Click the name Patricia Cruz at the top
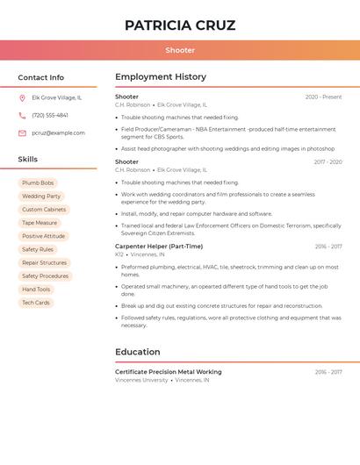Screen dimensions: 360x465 point(180,25)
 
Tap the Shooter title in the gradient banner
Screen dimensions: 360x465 point(180,50)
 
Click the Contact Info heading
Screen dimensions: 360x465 point(40,77)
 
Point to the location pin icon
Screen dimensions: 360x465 point(22,98)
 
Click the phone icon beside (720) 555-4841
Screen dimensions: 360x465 point(22,116)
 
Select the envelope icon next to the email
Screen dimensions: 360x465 point(22,133)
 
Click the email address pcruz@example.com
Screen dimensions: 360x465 point(58,133)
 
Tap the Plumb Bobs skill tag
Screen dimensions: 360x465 point(38,183)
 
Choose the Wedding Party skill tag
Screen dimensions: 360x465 point(41,197)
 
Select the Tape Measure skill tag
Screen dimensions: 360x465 point(40,223)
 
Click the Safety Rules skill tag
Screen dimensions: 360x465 point(38,249)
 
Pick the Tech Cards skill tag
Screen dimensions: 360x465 point(36,303)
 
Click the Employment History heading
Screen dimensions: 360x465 point(161,77)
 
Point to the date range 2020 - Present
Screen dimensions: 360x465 point(323,97)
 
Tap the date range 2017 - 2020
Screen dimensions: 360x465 point(328,162)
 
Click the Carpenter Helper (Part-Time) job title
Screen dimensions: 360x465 point(159,247)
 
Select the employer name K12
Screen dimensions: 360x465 point(119,254)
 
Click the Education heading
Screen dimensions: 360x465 point(138,352)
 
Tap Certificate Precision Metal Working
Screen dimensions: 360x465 point(169,372)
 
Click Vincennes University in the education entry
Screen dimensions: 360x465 point(141,380)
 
